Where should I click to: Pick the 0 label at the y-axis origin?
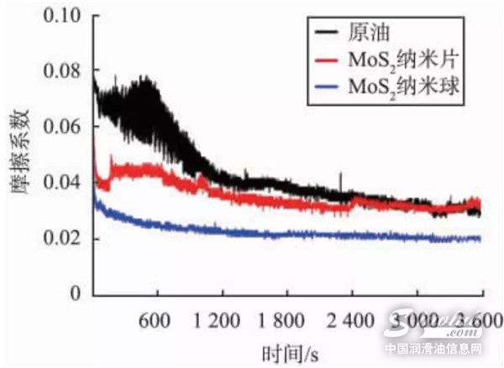pos(76,294)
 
